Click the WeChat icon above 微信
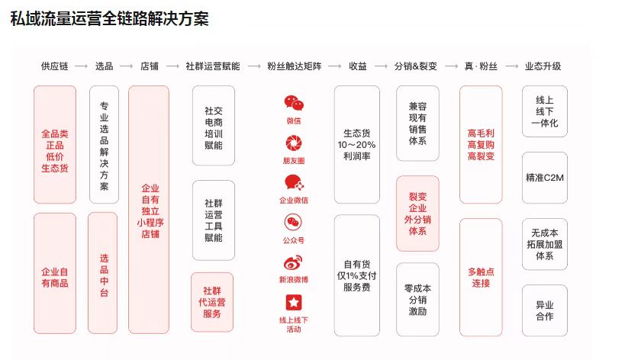(x=294, y=104)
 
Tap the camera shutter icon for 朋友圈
(x=294, y=143)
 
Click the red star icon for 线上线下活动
(x=294, y=303)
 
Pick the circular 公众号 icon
(x=293, y=223)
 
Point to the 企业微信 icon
(x=294, y=182)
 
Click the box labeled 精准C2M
(x=545, y=178)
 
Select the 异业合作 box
(x=545, y=310)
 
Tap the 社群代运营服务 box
(x=212, y=302)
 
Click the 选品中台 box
(x=102, y=273)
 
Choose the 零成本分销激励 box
(x=417, y=300)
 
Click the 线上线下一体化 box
(x=545, y=111)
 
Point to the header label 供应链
(x=54, y=66)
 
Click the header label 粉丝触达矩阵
(x=295, y=66)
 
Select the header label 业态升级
(x=543, y=66)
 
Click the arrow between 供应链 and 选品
(x=81, y=66)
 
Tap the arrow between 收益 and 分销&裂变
(x=381, y=66)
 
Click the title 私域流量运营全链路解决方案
(x=110, y=19)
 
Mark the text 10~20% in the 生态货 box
(x=356, y=145)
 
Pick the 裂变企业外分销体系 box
(x=417, y=214)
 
